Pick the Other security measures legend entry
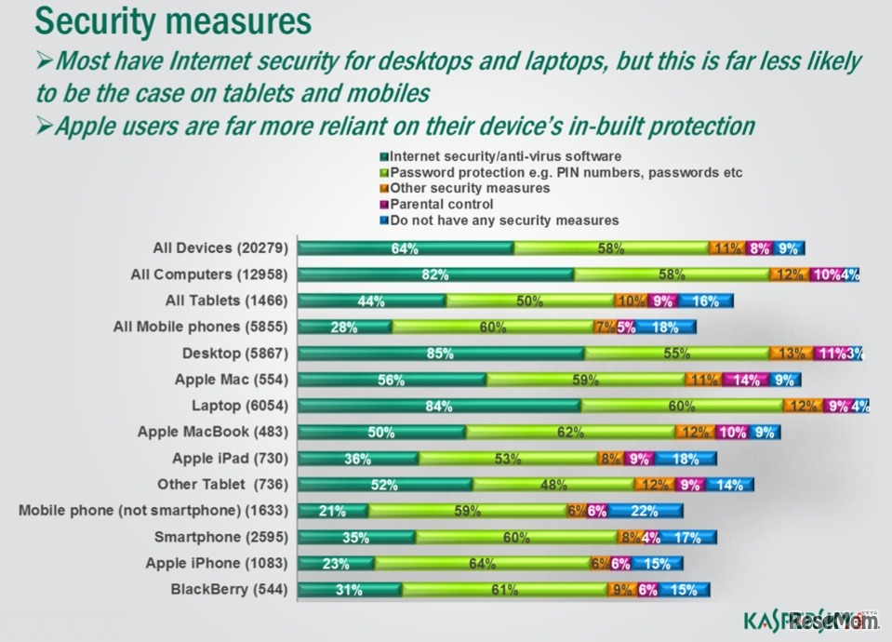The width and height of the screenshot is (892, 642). click(x=470, y=188)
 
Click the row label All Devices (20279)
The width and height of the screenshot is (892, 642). click(x=220, y=248)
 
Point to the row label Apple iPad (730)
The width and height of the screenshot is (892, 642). click(x=231, y=458)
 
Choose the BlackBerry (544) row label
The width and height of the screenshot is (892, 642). click(x=230, y=589)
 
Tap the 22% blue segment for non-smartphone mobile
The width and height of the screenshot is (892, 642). click(x=646, y=511)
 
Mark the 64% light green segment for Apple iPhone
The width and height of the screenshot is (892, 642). click(x=481, y=563)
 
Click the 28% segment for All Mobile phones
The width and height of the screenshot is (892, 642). click(x=345, y=327)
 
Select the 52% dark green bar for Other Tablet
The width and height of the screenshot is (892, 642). click(x=385, y=484)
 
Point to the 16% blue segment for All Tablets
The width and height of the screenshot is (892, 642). click(x=705, y=301)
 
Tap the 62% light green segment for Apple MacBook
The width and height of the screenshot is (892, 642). click(x=569, y=432)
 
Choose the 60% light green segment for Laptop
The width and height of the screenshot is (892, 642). click(x=681, y=406)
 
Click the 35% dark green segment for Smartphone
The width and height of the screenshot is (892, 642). click(x=357, y=537)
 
